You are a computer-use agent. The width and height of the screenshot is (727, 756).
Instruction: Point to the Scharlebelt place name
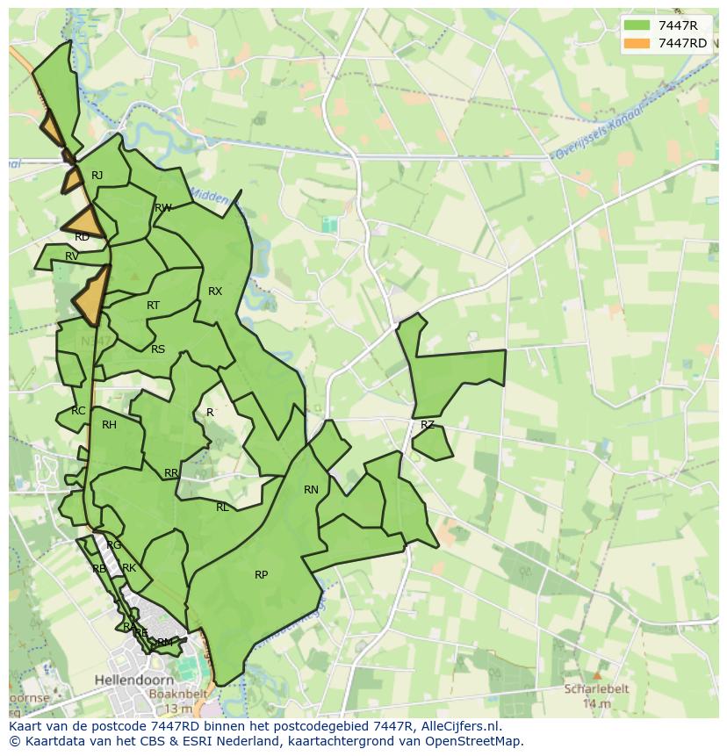click(x=597, y=689)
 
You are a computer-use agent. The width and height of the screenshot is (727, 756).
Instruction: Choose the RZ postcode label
click(x=428, y=425)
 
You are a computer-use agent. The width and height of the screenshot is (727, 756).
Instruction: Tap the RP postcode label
click(x=261, y=575)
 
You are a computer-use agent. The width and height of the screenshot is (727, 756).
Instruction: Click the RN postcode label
click(x=311, y=490)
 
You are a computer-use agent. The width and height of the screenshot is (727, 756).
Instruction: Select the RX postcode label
click(x=215, y=292)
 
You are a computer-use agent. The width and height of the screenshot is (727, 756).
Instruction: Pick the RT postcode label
click(x=154, y=306)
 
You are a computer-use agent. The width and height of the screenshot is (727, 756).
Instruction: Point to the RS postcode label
click(x=158, y=349)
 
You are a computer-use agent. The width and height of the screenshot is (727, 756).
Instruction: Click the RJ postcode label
click(x=97, y=176)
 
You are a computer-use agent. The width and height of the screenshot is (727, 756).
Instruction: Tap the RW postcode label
click(x=162, y=208)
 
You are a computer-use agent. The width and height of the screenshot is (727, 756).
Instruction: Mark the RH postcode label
click(x=109, y=425)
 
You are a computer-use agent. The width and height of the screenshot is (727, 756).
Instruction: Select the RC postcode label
click(x=79, y=411)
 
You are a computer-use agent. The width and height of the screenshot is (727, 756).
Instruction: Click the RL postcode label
click(x=222, y=508)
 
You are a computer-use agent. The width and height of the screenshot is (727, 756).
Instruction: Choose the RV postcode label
click(x=72, y=256)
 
